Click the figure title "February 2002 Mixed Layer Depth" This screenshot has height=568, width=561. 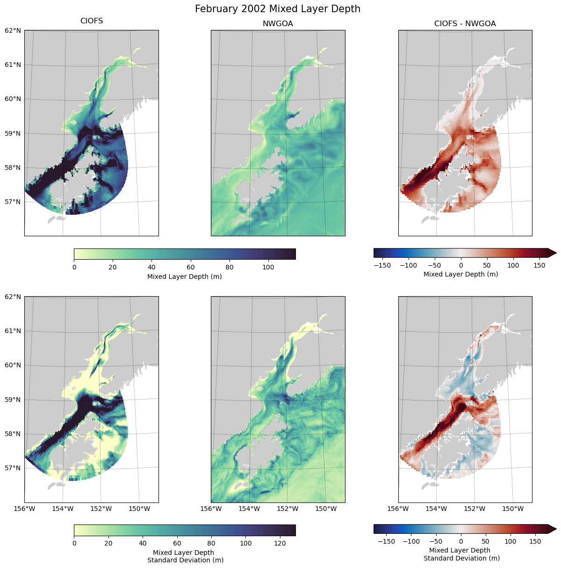(278, 9)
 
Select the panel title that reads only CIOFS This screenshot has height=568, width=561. (92, 21)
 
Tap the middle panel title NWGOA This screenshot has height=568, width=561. (278, 24)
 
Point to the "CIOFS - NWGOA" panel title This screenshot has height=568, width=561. (465, 24)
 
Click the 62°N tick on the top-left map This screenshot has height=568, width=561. (13, 30)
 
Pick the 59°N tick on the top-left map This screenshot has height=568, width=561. (13, 133)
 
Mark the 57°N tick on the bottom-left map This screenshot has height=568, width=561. (13, 468)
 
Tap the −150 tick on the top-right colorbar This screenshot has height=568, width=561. (382, 265)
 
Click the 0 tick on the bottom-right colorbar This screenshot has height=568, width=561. (461, 541)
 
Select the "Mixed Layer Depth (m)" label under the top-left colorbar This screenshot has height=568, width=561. (185, 277)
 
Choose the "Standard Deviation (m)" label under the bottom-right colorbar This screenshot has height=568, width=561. (462, 558)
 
